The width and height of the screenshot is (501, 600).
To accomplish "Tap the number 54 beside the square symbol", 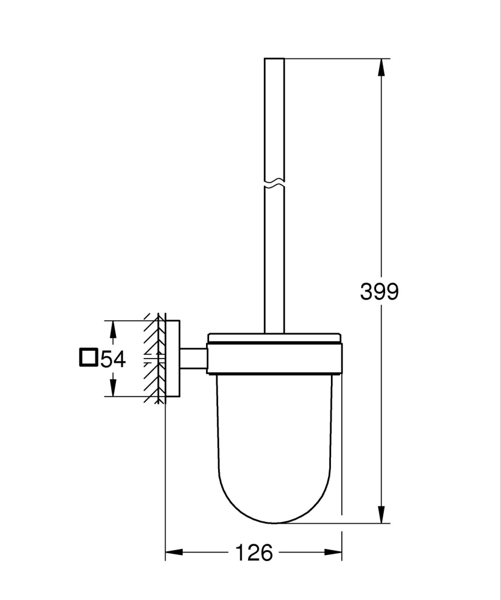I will pos(113,359).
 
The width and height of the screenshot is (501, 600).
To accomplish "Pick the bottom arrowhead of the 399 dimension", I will pos(381,515).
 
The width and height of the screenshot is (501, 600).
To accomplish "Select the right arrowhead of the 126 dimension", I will pos(333,552).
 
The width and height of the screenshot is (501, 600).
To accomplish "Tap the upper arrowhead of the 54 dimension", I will pos(112,329).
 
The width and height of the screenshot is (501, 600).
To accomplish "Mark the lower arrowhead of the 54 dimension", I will pos(112,388).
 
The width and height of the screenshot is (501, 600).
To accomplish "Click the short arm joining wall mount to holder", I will pos(193,359).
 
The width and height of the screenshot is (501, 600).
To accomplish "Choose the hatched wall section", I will pos(154,359).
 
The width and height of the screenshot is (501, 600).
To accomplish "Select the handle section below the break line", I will pos(274,258).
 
